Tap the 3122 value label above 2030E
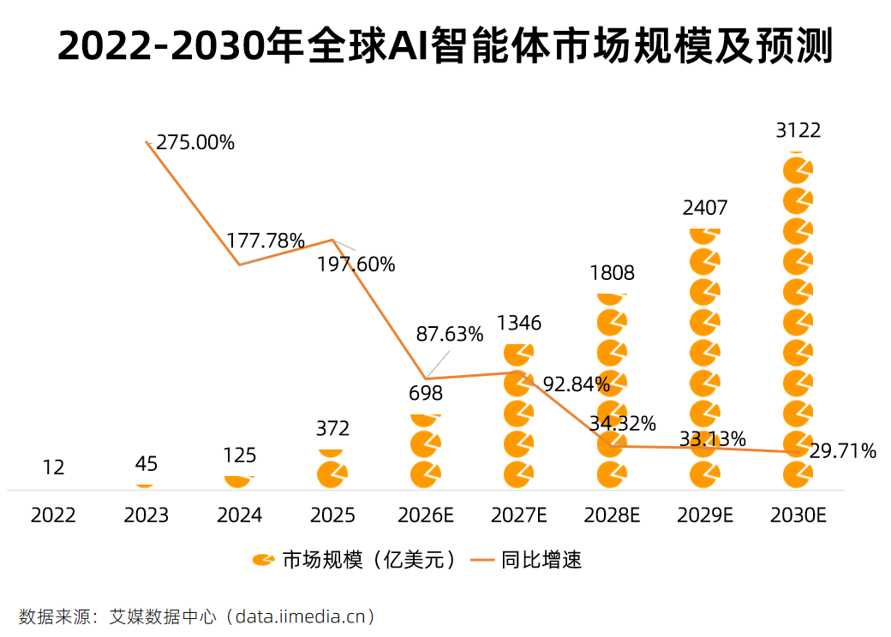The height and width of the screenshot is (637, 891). pyautogui.click(x=798, y=130)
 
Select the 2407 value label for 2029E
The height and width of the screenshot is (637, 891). pyautogui.click(x=704, y=207)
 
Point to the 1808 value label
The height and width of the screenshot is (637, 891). pyautogui.click(x=612, y=273)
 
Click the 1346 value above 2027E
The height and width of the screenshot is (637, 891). pyautogui.click(x=518, y=323)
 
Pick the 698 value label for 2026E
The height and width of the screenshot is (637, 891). pyautogui.click(x=426, y=393)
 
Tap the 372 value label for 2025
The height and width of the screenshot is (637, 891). pyautogui.click(x=332, y=428)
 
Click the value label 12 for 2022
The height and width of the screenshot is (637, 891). pyautogui.click(x=53, y=467)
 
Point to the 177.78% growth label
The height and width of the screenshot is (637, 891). pyautogui.click(x=265, y=241)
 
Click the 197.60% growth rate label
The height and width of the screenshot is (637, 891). pyautogui.click(x=356, y=265)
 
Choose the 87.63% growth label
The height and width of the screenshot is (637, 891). pyautogui.click(x=449, y=334)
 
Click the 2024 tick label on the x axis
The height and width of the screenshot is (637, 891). pyautogui.click(x=239, y=515)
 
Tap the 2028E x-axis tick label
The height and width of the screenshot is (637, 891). pyautogui.click(x=612, y=515)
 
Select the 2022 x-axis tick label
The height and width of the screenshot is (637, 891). pyautogui.click(x=53, y=515)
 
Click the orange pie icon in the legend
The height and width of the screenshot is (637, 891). pyautogui.click(x=263, y=561)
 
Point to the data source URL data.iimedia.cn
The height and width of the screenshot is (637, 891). pyautogui.click(x=304, y=616)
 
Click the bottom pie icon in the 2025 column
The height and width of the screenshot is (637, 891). pyautogui.click(x=332, y=473)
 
